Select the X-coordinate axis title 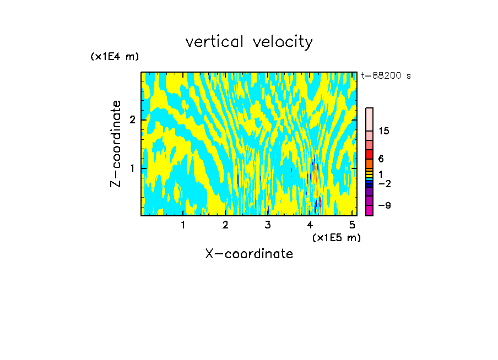pos(249,254)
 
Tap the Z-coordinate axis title pos(116,144)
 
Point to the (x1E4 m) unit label pos(115,56)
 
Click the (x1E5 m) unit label pos(336,237)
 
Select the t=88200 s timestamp pos(386,76)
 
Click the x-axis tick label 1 pos(183,225)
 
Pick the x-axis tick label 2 pos(225,225)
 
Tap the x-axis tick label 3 pos(268,225)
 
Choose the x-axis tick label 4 pos(310,225)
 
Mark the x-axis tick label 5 pos(352,225)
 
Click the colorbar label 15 pos(384,131)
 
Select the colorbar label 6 pos(381,159)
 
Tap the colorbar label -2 pos(384,183)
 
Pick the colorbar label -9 pos(384,205)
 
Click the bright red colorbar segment pos(370,154)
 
